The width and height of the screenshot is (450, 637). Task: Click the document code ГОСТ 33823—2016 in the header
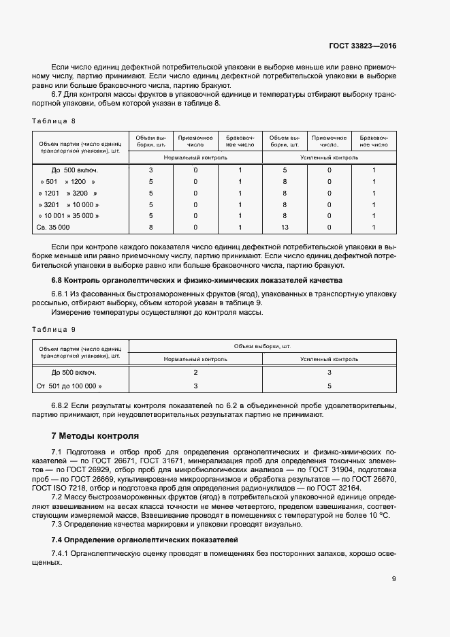(x=361, y=47)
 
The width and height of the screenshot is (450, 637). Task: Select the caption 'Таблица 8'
(x=54, y=121)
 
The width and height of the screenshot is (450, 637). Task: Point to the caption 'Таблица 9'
(x=54, y=329)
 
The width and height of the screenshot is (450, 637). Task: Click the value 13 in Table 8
(x=285, y=226)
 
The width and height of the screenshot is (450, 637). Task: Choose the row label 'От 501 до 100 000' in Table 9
(x=69, y=386)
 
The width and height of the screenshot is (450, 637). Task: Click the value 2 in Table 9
(x=195, y=373)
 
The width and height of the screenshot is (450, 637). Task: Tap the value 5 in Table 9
(x=329, y=386)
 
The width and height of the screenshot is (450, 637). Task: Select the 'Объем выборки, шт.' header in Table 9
(x=262, y=346)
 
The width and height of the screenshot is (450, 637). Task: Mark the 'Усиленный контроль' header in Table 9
(x=329, y=358)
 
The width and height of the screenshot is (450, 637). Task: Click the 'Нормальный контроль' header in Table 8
(x=195, y=157)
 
